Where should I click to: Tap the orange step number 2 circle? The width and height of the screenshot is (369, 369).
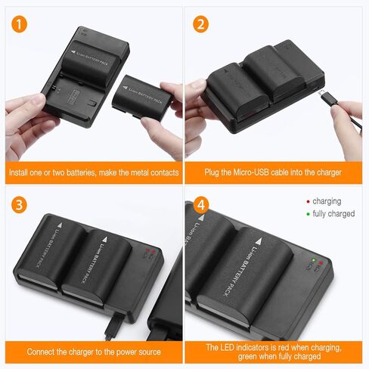[200, 23]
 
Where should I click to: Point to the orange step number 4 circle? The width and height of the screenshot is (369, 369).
[200, 206]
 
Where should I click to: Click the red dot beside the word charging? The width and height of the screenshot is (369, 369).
[308, 202]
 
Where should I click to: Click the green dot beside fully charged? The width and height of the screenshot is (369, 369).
[308, 214]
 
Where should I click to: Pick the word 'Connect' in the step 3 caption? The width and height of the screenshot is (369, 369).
[41, 352]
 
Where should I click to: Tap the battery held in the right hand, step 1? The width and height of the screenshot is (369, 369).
[141, 96]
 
